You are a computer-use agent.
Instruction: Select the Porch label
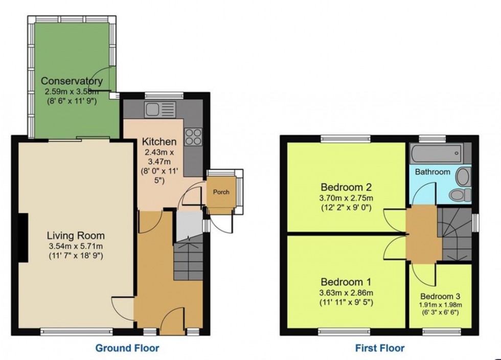[221, 192]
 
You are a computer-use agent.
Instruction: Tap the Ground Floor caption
[127, 348]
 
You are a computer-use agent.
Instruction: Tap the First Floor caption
[380, 348]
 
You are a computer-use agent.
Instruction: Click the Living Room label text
[76, 236]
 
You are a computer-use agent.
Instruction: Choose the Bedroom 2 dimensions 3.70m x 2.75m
[346, 197]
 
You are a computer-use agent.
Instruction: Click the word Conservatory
[72, 81]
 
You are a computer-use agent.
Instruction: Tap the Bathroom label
[432, 172]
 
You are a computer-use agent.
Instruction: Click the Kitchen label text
[159, 142]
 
